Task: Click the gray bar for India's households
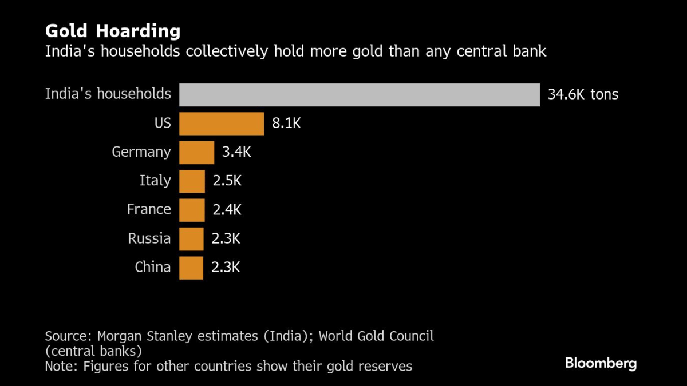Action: [x=359, y=95]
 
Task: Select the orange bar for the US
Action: [x=222, y=124]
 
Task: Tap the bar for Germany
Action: [x=196, y=152]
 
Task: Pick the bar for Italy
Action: [x=192, y=181]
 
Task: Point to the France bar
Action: [x=192, y=210]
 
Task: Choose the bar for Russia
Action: [x=191, y=238]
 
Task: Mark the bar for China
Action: [x=191, y=267]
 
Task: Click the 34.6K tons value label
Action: [x=583, y=94]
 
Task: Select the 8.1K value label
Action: [x=286, y=123]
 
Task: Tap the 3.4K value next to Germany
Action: [x=236, y=152]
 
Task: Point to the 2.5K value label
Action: [x=227, y=181]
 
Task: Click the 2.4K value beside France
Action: [x=227, y=209]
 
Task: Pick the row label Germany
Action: [x=141, y=152]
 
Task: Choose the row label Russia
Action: [x=149, y=238]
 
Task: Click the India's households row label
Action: [x=108, y=94]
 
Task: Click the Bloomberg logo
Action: [x=601, y=363]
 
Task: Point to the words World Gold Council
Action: [x=376, y=336]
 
